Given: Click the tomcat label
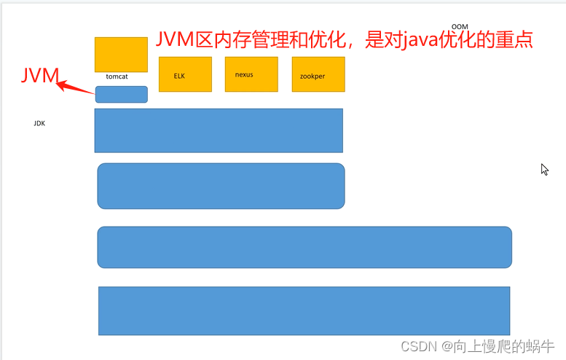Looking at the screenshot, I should click(x=117, y=77).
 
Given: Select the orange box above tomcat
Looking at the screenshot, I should click(x=121, y=54).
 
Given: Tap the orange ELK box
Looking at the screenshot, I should click(x=185, y=74).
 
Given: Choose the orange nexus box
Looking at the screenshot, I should click(x=251, y=74).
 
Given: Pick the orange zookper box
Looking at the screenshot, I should click(x=318, y=74).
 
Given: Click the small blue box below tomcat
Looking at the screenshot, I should click(x=121, y=94).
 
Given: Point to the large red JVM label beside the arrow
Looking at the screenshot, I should click(x=39, y=75).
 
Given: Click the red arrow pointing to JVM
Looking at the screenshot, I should click(x=76, y=87).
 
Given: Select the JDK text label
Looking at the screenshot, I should click(x=39, y=123).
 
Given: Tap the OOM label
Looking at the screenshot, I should click(x=460, y=26).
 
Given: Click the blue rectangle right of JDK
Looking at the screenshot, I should click(x=219, y=130).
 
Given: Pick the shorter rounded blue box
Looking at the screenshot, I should click(x=221, y=186).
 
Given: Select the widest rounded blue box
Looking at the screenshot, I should click(x=304, y=247).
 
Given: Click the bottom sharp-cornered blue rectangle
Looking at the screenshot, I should click(x=304, y=310).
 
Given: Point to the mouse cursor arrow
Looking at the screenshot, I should click(x=543, y=169).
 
